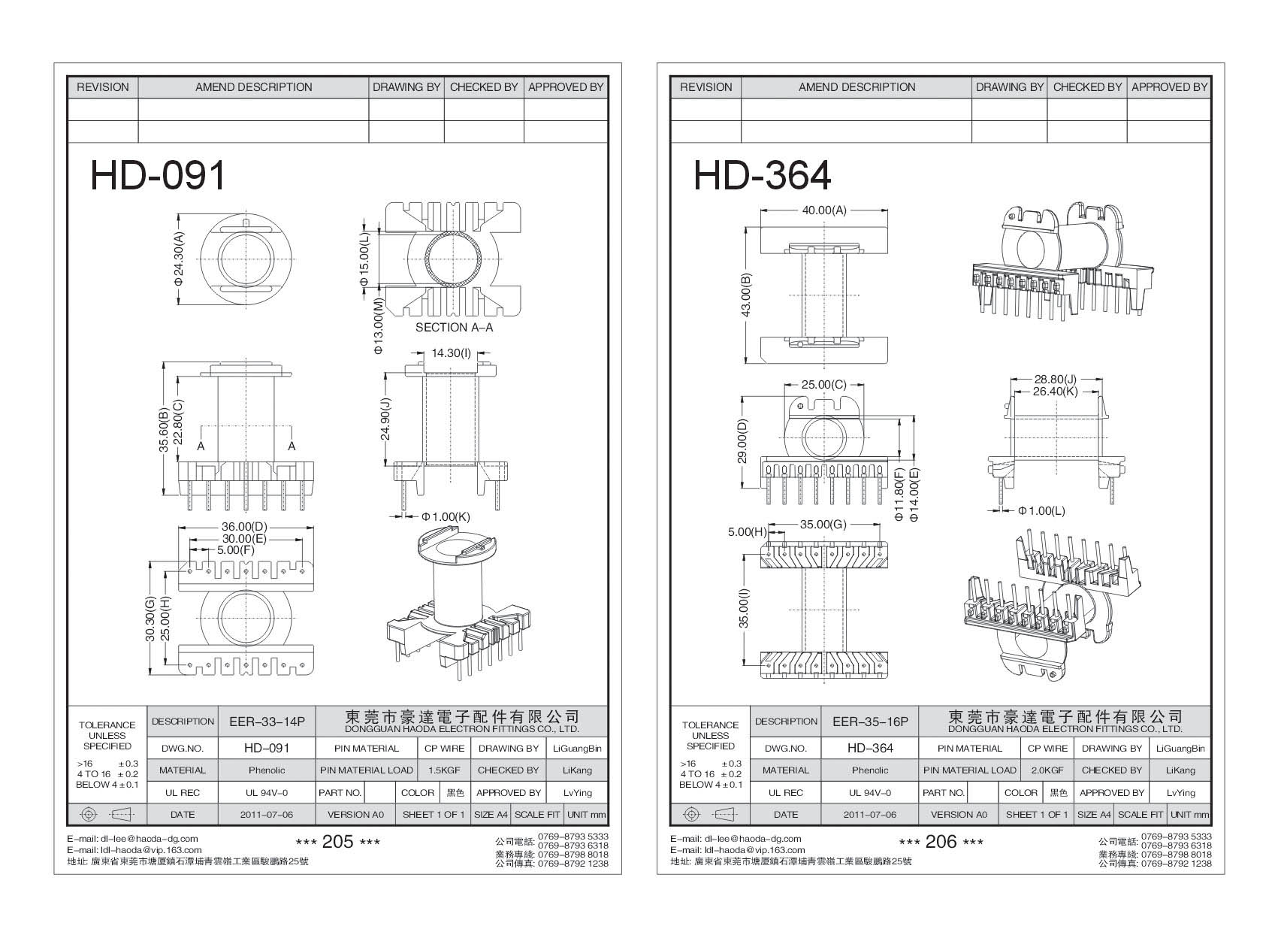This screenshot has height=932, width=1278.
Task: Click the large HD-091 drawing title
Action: (x=158, y=177)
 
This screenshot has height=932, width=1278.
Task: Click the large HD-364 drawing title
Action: (x=762, y=176)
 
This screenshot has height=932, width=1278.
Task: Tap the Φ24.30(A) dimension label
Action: (x=179, y=258)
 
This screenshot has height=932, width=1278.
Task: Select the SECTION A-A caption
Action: (x=454, y=328)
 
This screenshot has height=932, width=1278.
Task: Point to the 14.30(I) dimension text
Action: (x=451, y=353)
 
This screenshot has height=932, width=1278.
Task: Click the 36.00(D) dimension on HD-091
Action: (x=244, y=527)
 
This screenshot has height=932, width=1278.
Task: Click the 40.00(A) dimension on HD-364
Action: (x=824, y=210)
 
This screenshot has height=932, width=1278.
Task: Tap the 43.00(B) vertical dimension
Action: (x=746, y=295)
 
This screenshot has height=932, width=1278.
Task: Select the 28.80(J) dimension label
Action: (x=1055, y=380)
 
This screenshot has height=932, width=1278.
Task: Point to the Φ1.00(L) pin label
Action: (x=1041, y=511)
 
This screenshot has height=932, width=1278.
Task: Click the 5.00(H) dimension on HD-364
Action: (x=746, y=531)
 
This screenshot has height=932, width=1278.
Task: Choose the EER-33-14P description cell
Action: (x=267, y=722)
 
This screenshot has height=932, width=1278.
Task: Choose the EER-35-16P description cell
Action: (x=870, y=722)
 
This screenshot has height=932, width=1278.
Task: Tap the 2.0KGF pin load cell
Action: (x=1047, y=770)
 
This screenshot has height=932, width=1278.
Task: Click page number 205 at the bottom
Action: (x=337, y=842)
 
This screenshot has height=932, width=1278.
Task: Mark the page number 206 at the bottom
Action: (x=941, y=842)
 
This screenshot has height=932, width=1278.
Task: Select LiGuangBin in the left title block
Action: (x=577, y=749)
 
